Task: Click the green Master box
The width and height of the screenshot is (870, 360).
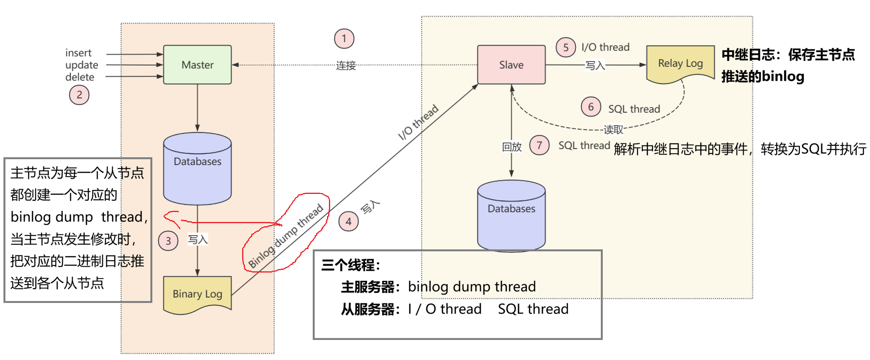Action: click(x=197, y=65)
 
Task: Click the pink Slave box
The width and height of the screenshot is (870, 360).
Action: click(x=511, y=65)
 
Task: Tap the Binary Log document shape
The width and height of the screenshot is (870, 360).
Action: click(x=197, y=294)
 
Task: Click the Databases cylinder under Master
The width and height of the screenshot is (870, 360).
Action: click(x=197, y=168)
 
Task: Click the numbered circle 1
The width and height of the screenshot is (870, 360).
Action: click(x=344, y=39)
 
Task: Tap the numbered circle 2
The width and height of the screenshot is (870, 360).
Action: click(x=79, y=95)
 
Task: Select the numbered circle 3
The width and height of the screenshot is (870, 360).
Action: click(x=168, y=241)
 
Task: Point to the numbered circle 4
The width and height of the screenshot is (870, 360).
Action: click(x=349, y=222)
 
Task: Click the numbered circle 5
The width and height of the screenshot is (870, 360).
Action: click(x=566, y=47)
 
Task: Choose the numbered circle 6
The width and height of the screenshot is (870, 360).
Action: click(x=591, y=107)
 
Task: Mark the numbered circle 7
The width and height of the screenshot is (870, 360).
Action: click(x=539, y=145)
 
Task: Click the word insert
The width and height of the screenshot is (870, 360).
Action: click(x=78, y=53)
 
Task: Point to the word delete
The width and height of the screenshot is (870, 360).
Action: click(x=80, y=77)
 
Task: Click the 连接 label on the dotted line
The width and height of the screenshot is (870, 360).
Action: click(x=346, y=66)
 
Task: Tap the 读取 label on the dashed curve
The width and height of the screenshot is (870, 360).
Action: click(x=613, y=130)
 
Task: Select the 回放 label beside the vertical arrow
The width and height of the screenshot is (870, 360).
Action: click(x=512, y=147)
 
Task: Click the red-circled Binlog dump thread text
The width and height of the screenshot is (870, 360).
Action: click(x=286, y=236)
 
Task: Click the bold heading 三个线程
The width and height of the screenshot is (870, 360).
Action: click(x=350, y=265)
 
